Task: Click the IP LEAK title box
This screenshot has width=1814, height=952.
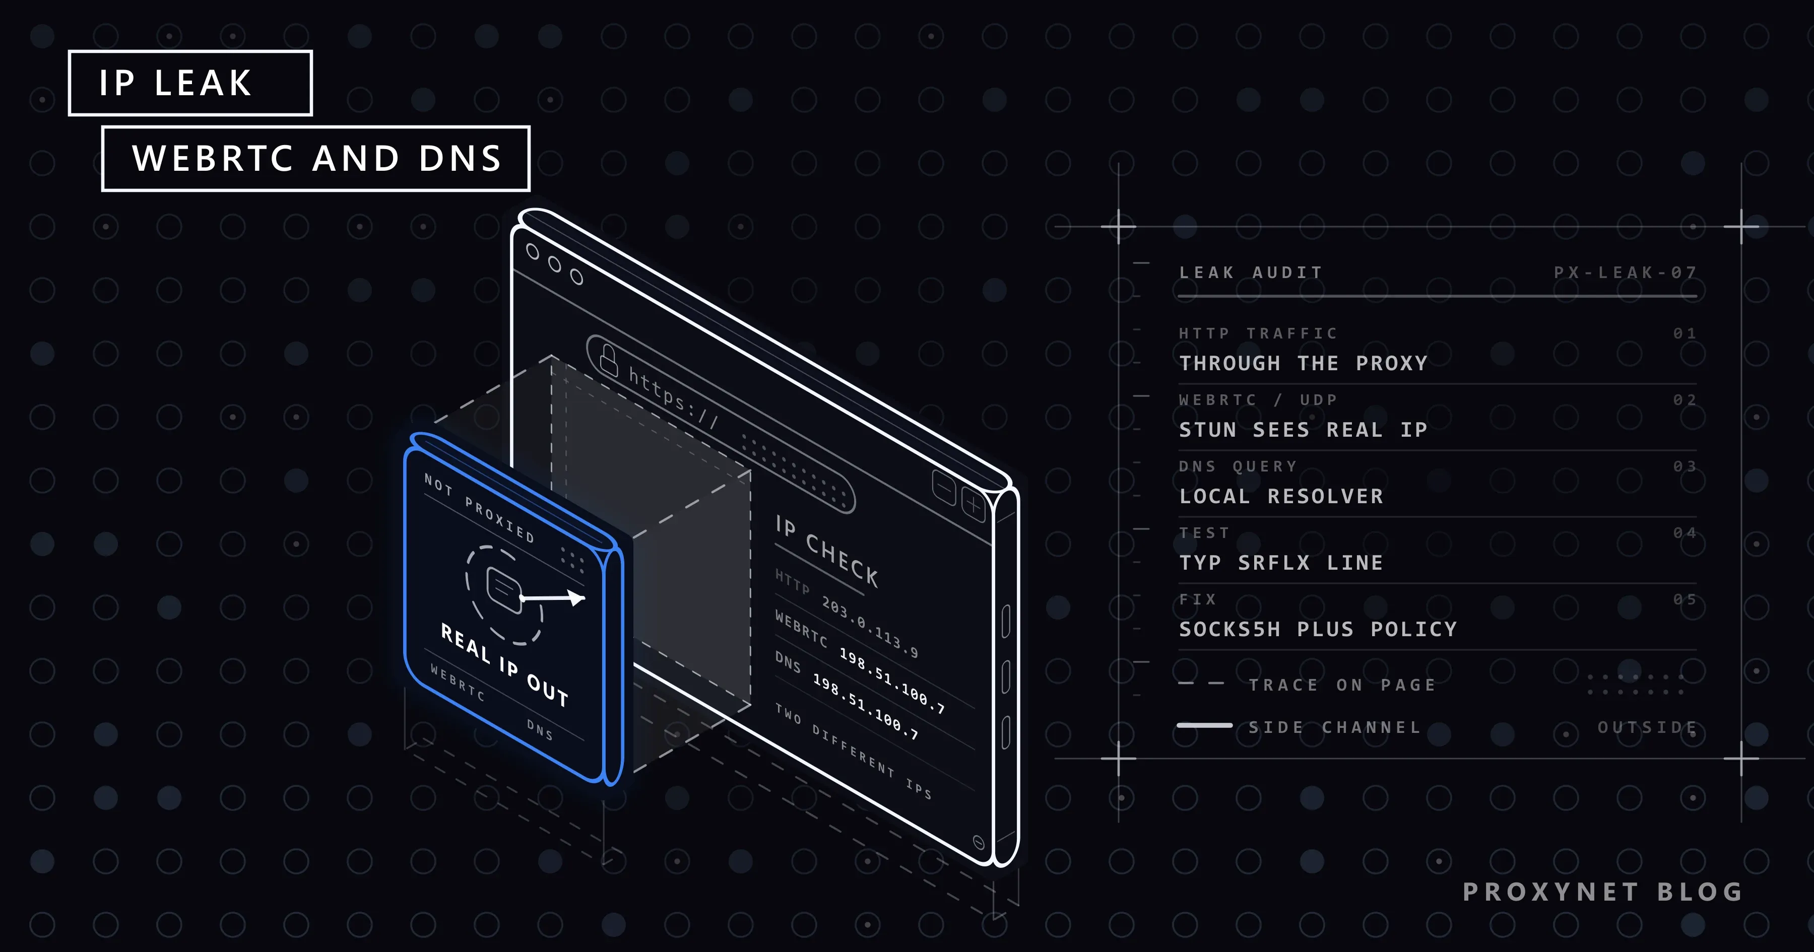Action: click(x=190, y=83)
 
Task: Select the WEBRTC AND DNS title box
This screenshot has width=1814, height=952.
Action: click(x=315, y=159)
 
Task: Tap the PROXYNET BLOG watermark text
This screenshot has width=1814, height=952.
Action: click(x=1603, y=892)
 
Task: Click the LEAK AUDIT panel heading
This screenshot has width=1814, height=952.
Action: click(x=1251, y=273)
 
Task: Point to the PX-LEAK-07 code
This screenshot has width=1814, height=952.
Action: click(x=1625, y=273)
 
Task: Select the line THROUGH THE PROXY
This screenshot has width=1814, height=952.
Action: click(x=1304, y=363)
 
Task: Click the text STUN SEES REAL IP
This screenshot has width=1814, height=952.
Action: click(x=1304, y=430)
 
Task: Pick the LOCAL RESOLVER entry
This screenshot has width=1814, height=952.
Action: click(x=1281, y=497)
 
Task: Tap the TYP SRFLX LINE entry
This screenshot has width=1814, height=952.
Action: click(x=1281, y=563)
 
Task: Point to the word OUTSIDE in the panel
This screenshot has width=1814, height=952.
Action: click(x=1647, y=727)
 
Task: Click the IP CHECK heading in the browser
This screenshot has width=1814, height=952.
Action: click(x=827, y=551)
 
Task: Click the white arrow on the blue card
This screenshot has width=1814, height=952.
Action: click(x=552, y=598)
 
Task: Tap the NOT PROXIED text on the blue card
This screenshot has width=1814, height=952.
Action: click(x=479, y=508)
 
